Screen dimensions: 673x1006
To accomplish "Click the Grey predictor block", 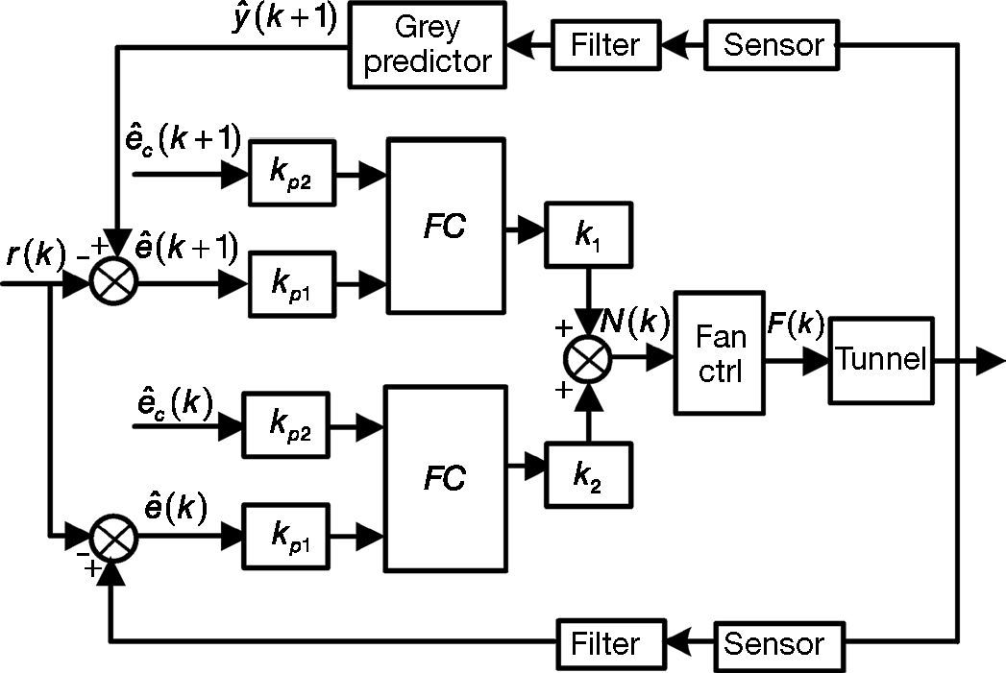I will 426,44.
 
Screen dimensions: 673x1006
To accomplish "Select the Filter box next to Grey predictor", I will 606,44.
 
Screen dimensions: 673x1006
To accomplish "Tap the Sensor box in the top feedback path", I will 773,44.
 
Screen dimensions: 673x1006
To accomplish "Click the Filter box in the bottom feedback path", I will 611,641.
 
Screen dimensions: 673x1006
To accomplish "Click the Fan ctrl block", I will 720,352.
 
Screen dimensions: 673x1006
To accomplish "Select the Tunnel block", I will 881,360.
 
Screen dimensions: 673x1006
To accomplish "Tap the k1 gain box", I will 589,233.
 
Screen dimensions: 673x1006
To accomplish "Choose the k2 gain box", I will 589,474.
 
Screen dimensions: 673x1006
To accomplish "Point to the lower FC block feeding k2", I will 445,477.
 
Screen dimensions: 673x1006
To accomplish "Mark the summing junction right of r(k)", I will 114,282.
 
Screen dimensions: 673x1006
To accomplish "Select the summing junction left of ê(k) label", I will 114,541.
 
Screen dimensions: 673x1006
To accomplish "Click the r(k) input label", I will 34,254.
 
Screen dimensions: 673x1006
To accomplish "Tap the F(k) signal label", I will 794,324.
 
